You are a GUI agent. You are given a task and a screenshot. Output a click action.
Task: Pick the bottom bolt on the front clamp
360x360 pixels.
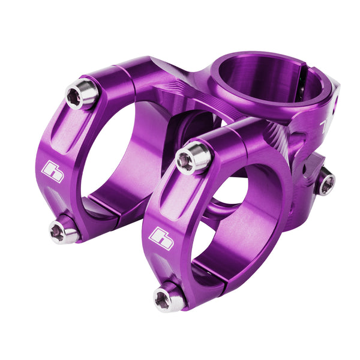point(169,298)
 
